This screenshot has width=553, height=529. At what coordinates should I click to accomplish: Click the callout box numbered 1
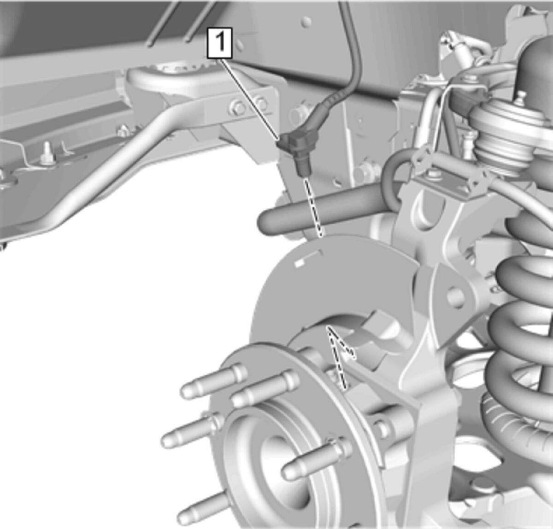(x=219, y=43)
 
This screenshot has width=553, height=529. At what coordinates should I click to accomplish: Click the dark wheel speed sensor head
(x=295, y=151)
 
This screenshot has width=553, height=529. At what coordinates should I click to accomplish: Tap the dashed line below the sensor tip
(x=313, y=207)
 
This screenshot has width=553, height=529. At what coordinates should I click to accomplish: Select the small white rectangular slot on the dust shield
(x=299, y=264)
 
